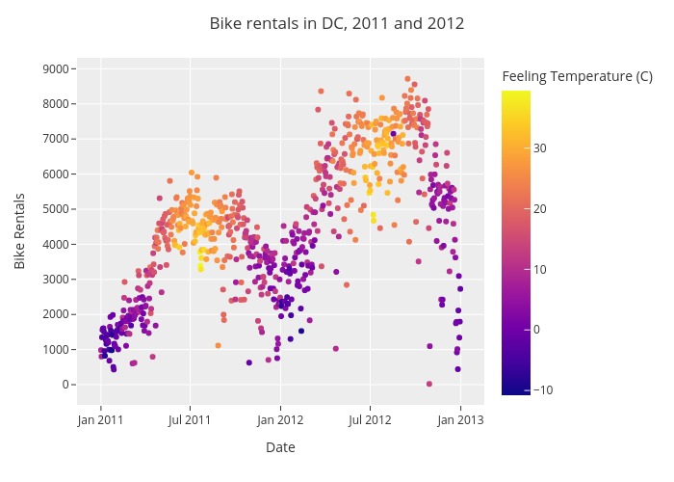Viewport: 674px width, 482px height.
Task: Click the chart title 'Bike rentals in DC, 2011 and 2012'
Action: click(337, 23)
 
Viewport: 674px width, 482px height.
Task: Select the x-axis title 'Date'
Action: click(280, 447)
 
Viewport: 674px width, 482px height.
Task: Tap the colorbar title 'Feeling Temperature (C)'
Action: click(578, 76)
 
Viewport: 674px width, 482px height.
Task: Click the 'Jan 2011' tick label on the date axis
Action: click(101, 419)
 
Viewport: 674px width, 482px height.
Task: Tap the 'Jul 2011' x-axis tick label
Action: click(190, 419)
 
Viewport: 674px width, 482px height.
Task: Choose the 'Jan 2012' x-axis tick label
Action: click(280, 419)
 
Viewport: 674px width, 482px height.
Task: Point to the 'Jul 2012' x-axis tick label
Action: click(370, 419)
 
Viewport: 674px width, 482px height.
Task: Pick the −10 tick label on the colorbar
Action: click(544, 389)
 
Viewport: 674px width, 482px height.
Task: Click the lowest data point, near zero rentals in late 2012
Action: click(429, 384)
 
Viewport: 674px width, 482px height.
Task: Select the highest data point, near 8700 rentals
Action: click(407, 79)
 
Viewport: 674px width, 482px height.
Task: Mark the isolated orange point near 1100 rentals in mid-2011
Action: click(219, 345)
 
